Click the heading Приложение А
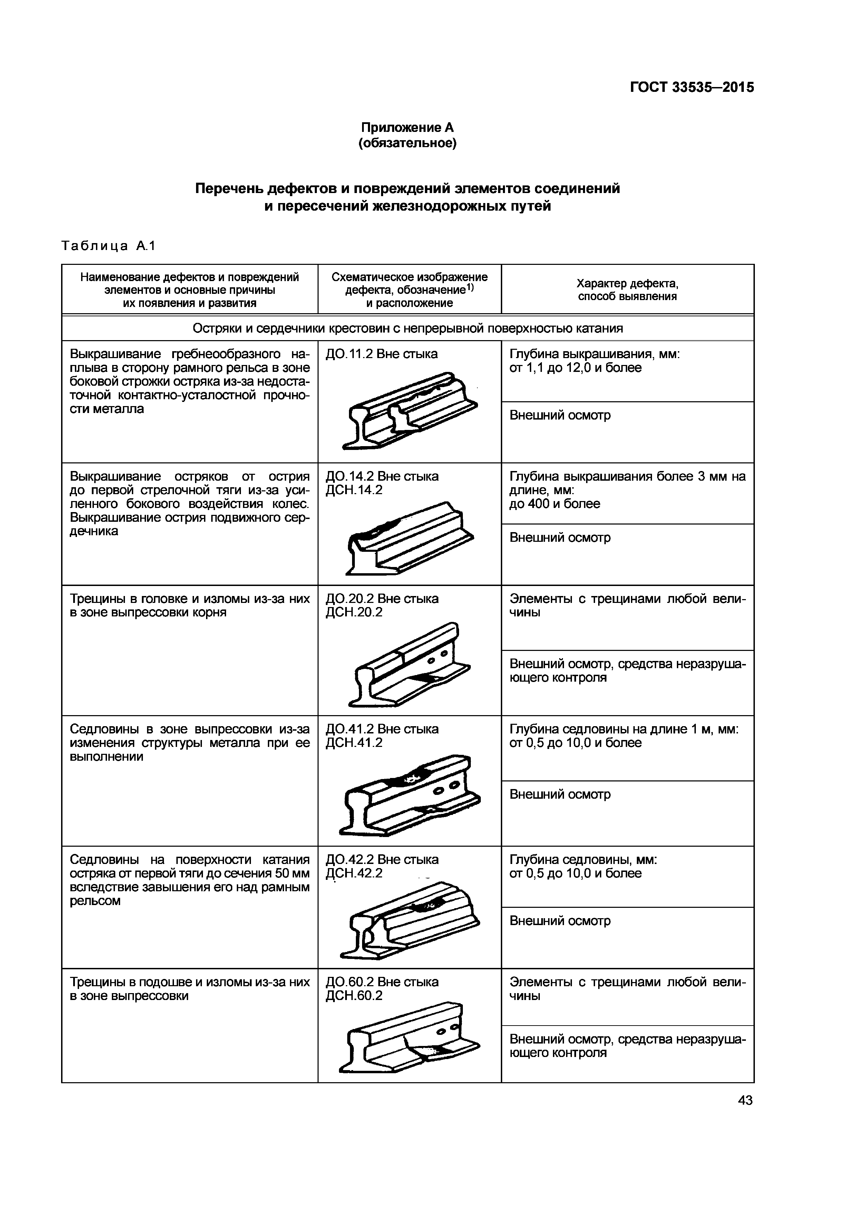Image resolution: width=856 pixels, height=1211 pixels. [407, 128]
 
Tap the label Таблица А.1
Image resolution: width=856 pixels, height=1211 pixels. [108, 246]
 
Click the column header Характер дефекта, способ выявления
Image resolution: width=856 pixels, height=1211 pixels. [627, 290]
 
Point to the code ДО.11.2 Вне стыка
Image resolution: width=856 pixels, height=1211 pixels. [382, 354]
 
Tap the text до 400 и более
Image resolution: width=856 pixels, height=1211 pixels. [555, 504]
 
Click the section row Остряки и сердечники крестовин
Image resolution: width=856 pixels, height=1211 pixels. [407, 329]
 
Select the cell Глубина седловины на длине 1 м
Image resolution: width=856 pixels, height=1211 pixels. [624, 729]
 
